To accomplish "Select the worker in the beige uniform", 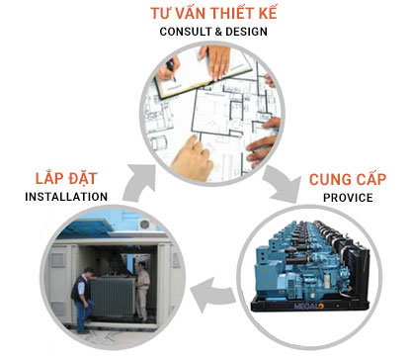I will pyautogui.click(x=143, y=286).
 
